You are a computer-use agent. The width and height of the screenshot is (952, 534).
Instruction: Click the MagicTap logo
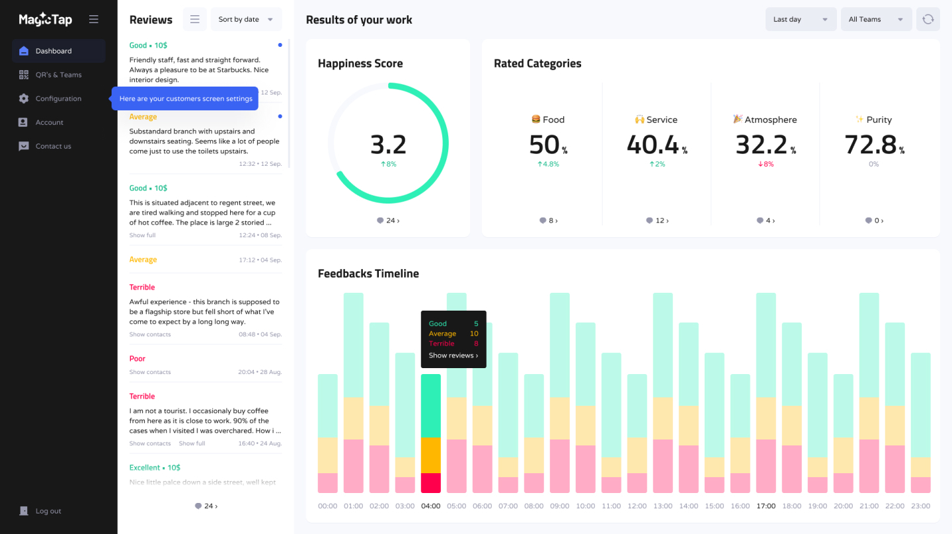[45, 20]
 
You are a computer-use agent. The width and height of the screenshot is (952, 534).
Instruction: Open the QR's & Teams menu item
[58, 75]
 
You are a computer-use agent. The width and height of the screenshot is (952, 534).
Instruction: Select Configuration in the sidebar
[58, 98]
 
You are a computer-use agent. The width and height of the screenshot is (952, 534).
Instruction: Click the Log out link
[48, 511]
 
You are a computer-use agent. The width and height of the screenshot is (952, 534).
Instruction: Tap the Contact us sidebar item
[53, 146]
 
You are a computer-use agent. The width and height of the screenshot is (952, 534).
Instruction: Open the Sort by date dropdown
[245, 20]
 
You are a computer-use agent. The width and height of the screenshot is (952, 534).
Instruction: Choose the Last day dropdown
[801, 20]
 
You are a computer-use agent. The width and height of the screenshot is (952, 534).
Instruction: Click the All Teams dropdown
[875, 20]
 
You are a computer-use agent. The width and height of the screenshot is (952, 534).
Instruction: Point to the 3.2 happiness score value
[388, 145]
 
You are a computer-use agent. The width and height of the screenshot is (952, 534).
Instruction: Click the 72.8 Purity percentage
[871, 145]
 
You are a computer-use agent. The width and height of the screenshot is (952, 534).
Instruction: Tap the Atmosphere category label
[770, 120]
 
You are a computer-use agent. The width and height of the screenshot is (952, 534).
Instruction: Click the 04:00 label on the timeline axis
[431, 506]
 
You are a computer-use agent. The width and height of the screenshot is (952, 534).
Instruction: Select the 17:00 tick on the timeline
[766, 506]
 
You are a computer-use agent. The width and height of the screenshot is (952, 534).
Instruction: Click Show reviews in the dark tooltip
[453, 356]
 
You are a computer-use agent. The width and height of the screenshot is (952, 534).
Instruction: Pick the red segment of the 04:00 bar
[431, 483]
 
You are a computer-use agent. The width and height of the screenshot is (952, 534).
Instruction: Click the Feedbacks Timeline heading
[368, 274]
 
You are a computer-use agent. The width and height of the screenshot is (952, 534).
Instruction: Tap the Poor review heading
[138, 359]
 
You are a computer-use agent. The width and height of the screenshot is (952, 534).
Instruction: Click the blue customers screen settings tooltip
[186, 98]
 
